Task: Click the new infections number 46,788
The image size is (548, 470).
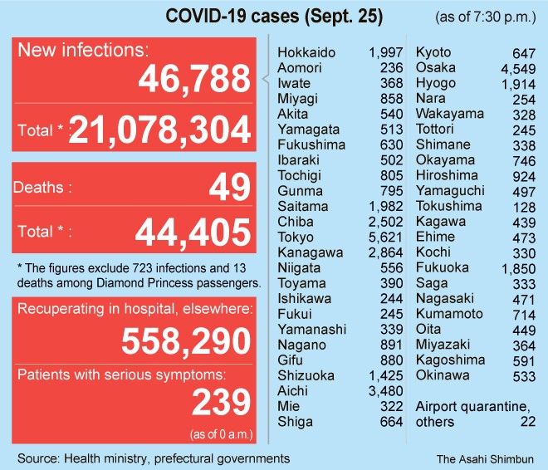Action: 193,81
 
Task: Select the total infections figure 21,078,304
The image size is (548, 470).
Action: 159,130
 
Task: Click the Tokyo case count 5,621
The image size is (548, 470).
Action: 385,189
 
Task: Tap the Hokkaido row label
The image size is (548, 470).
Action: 306,53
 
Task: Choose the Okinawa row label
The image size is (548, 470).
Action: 443,375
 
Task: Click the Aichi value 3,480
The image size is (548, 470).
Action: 385,391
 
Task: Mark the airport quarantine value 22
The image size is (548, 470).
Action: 527,422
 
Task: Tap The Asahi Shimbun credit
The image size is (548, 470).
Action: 486,458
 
